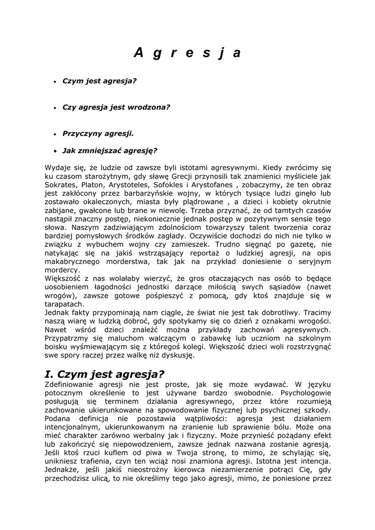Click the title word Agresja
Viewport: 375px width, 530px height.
187,53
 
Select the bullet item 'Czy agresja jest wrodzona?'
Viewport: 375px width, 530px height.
116,107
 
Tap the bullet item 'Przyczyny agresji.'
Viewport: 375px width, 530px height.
98,133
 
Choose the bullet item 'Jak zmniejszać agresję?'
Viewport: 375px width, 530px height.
109,151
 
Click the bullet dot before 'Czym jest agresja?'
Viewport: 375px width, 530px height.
55,82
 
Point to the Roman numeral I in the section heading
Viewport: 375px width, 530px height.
48,374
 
